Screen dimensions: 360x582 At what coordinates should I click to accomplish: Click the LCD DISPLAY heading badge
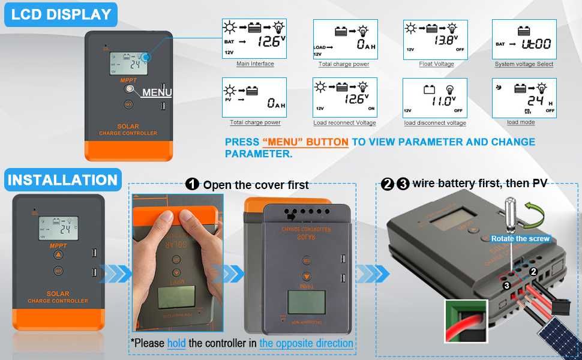coord(61,14)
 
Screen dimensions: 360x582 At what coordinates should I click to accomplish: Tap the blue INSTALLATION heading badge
coord(62,180)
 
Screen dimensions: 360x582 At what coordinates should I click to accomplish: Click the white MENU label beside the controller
coord(157,92)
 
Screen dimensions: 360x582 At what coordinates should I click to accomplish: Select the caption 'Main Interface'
coord(255,64)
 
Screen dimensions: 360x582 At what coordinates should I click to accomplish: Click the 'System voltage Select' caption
coord(524,64)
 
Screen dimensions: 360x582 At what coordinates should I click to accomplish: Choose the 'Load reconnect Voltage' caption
coord(344,123)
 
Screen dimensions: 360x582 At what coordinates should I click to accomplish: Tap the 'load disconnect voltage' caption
coord(435,123)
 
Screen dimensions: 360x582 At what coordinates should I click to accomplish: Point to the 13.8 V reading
coord(444,41)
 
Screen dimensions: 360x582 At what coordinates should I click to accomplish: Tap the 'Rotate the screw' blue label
coord(520,238)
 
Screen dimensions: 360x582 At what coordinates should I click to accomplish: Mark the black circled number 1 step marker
coord(192,184)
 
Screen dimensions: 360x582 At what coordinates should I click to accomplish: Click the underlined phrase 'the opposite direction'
coord(306,343)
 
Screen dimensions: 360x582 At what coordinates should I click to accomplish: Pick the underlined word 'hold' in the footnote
coord(176,343)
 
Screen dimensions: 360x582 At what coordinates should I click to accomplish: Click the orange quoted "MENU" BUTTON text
coord(305,142)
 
